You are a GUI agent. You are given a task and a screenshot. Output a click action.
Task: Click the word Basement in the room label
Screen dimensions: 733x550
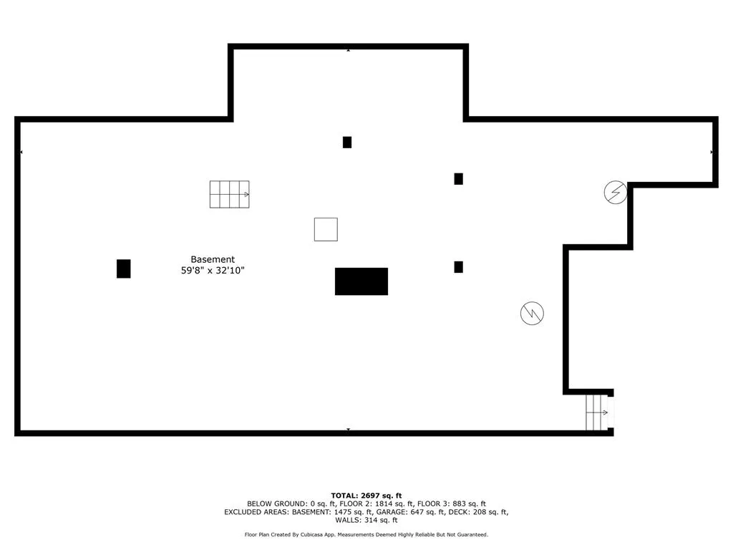click(213, 259)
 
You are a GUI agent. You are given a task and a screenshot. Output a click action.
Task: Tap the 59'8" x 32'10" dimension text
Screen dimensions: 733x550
click(213, 270)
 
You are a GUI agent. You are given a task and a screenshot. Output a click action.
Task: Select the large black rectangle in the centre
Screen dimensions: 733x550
click(361, 281)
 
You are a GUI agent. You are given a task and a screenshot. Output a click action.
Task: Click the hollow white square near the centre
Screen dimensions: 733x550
click(326, 230)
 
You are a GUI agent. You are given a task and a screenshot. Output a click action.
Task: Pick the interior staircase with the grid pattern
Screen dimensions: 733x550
click(230, 194)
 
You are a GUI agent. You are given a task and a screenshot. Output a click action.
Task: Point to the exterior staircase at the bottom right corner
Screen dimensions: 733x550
click(598, 412)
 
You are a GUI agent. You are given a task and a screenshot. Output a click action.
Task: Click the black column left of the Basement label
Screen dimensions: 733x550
click(123, 269)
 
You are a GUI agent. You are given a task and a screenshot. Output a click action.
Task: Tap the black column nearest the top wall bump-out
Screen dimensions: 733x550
click(347, 143)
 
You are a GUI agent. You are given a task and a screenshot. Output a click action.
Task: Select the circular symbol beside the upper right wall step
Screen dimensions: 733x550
click(615, 192)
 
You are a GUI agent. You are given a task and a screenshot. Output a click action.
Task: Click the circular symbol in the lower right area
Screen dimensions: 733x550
click(532, 314)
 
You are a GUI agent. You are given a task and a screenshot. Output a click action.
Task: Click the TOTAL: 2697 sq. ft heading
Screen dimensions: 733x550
click(366, 496)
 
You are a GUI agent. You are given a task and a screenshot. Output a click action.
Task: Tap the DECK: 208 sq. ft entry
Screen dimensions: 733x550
click(477, 512)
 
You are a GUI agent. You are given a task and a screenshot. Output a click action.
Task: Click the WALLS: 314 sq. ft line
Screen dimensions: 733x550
click(366, 520)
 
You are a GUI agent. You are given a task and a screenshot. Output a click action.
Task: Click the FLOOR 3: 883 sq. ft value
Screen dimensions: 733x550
click(452, 503)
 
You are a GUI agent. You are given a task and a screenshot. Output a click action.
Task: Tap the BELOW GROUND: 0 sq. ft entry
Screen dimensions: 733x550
click(291, 503)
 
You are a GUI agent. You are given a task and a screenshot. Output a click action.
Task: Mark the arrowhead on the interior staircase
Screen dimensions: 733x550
click(247, 194)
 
